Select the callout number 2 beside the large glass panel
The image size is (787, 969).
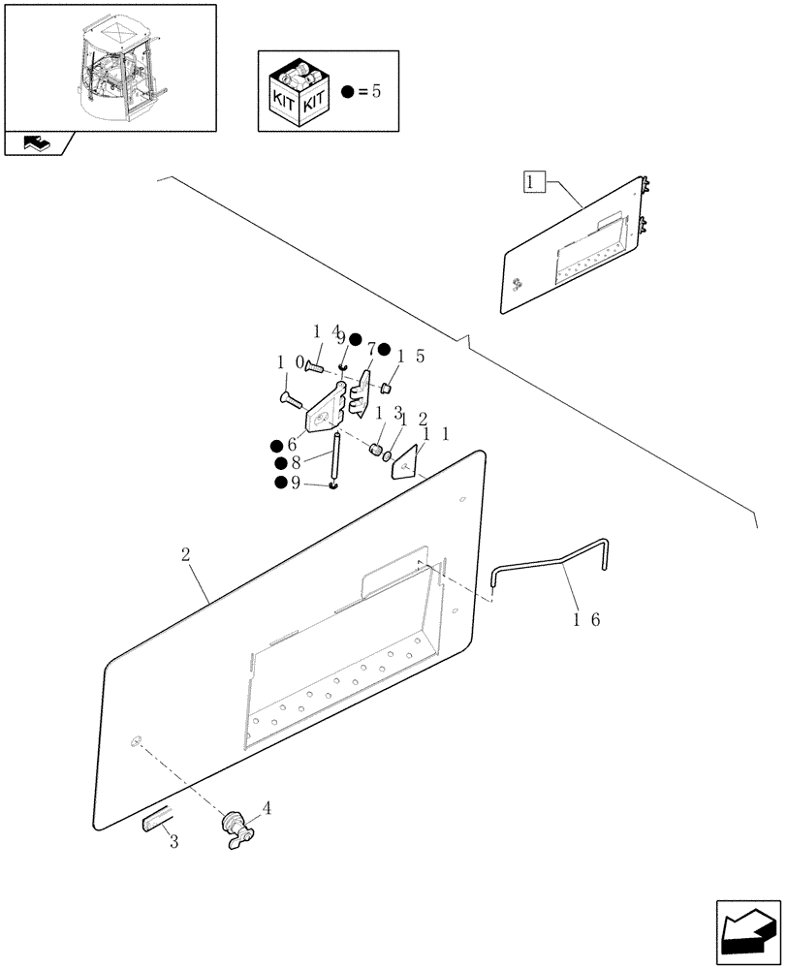(x=185, y=556)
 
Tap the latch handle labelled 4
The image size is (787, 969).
(x=235, y=830)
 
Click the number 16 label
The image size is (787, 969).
(x=587, y=619)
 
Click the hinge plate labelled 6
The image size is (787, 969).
(x=323, y=413)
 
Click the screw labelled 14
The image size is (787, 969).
(x=315, y=365)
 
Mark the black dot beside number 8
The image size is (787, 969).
(x=280, y=463)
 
